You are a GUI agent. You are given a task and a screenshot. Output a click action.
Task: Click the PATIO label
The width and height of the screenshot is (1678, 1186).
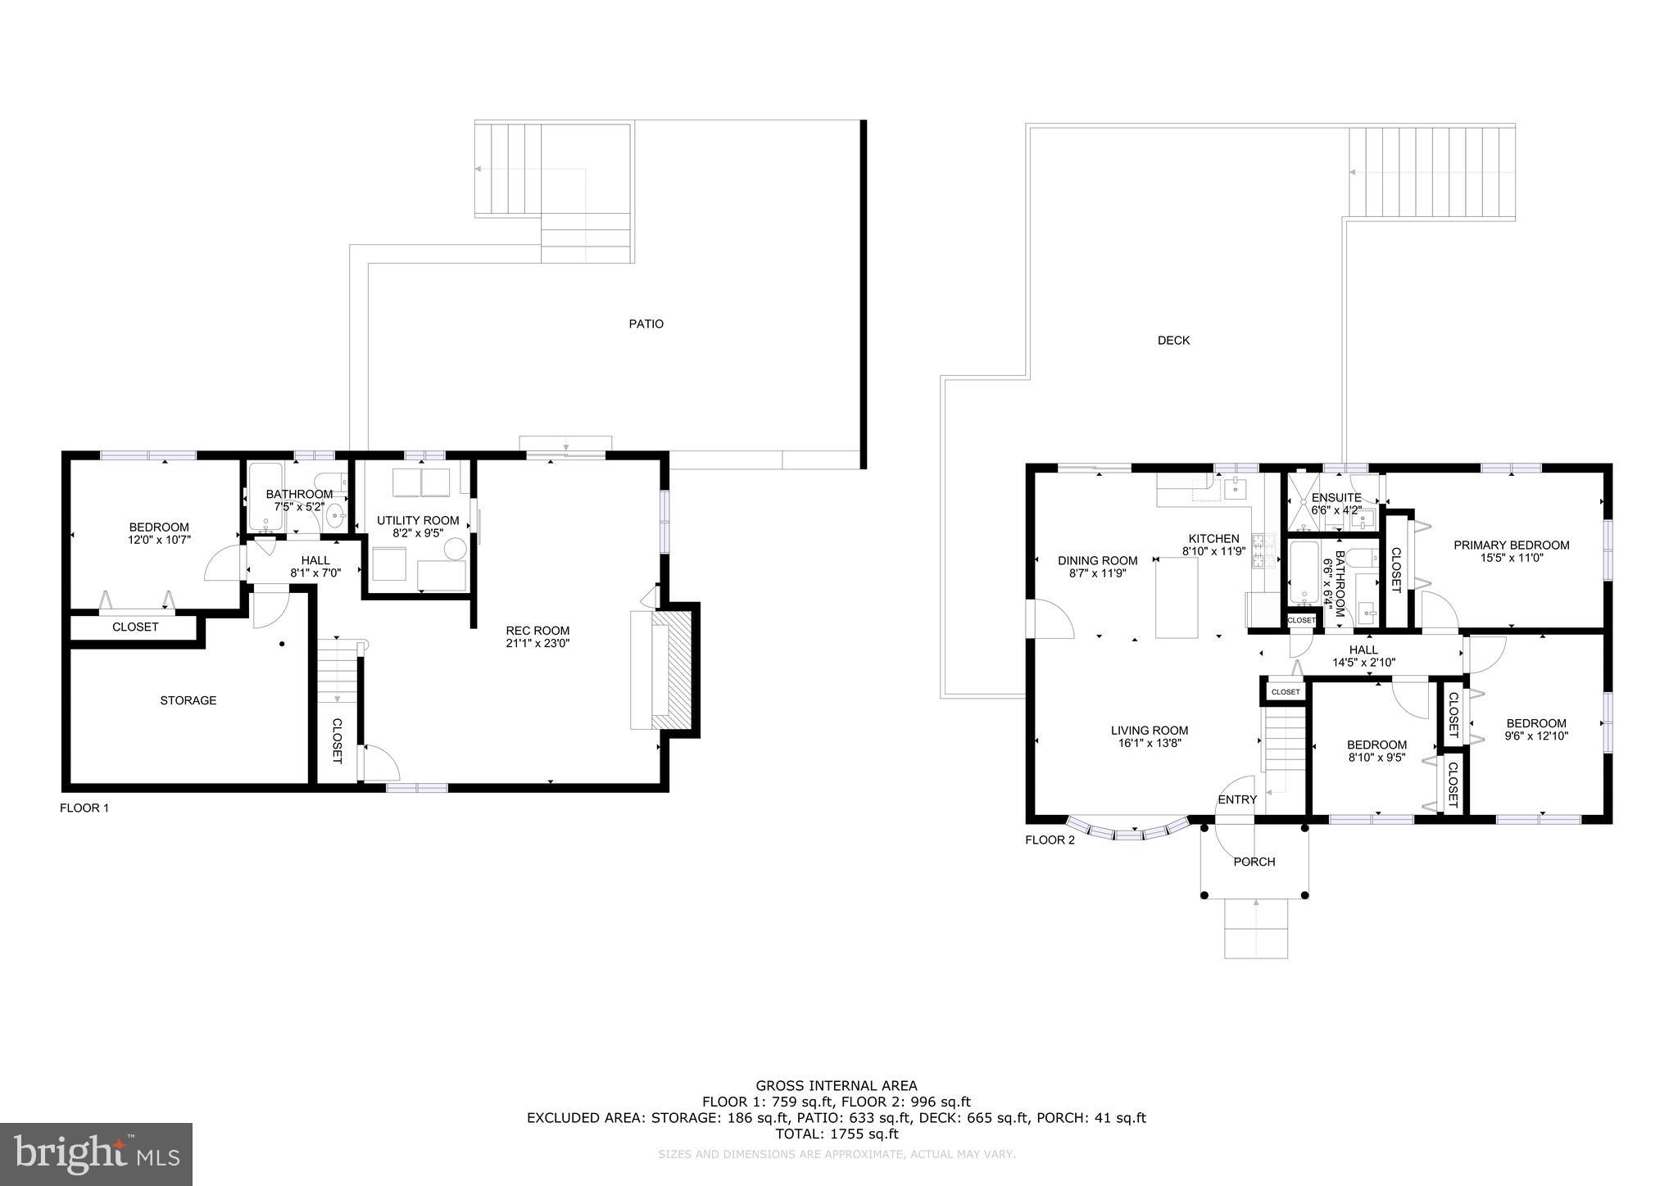click(646, 324)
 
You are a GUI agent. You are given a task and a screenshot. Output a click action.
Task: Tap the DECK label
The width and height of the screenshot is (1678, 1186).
click(1173, 340)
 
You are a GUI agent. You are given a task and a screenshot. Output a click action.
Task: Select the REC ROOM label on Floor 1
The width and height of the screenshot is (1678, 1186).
click(537, 630)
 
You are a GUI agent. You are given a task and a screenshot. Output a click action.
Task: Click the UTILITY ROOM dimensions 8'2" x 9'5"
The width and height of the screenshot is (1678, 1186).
click(418, 532)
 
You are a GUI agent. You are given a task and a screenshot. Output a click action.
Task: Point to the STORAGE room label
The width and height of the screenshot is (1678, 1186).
click(188, 700)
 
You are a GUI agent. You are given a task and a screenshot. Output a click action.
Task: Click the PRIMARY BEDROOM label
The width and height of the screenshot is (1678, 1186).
click(1511, 545)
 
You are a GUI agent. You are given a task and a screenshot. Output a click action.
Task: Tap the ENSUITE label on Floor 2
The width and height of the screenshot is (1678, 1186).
click(1336, 497)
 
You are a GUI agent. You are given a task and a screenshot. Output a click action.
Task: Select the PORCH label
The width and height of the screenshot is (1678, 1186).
click(1254, 862)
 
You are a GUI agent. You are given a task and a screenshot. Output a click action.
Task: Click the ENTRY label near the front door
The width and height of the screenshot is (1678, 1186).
click(1237, 799)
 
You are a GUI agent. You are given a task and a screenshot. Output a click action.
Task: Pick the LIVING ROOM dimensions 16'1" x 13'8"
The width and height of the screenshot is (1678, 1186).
click(1149, 744)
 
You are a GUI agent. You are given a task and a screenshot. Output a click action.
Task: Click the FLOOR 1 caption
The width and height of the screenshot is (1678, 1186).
click(84, 808)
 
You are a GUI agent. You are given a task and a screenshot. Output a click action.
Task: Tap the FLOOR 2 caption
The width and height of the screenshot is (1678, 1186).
click(1050, 840)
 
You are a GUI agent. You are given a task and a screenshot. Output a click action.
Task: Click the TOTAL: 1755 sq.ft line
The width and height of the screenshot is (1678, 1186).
click(837, 1134)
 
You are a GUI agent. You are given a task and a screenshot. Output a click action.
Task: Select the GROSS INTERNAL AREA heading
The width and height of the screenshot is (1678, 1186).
click(837, 1086)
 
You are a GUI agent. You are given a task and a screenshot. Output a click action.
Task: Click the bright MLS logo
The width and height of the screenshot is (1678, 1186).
click(96, 1154)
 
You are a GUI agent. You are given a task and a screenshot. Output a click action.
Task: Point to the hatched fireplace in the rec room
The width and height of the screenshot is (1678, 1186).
click(679, 668)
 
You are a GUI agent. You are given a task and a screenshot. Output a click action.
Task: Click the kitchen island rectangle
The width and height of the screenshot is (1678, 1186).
click(1177, 598)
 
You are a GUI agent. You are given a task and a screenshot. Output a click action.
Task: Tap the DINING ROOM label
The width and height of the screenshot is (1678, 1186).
click(1097, 561)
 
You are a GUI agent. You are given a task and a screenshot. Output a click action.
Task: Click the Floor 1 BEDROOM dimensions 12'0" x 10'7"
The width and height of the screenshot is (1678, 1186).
click(159, 540)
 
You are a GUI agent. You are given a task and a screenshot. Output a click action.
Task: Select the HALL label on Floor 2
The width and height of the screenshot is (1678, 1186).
click(1363, 650)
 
